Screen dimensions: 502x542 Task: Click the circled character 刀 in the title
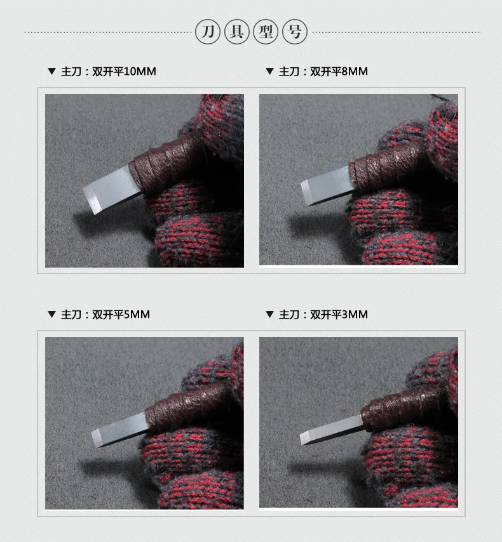208,32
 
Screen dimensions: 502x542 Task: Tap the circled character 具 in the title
237,32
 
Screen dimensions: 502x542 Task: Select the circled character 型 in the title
266,32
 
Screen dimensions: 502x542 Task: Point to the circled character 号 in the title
295,32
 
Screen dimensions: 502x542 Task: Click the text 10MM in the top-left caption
140,72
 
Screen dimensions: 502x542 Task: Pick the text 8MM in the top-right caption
355,72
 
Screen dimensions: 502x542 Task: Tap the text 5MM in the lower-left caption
137,315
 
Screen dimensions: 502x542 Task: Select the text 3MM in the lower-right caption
355,315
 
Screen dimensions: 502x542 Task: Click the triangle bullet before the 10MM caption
52,71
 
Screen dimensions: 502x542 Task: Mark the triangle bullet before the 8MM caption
269,71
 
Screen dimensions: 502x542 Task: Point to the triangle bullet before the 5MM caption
52,314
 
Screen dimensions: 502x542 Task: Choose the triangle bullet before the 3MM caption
269,314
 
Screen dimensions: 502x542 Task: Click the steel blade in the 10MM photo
111,190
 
